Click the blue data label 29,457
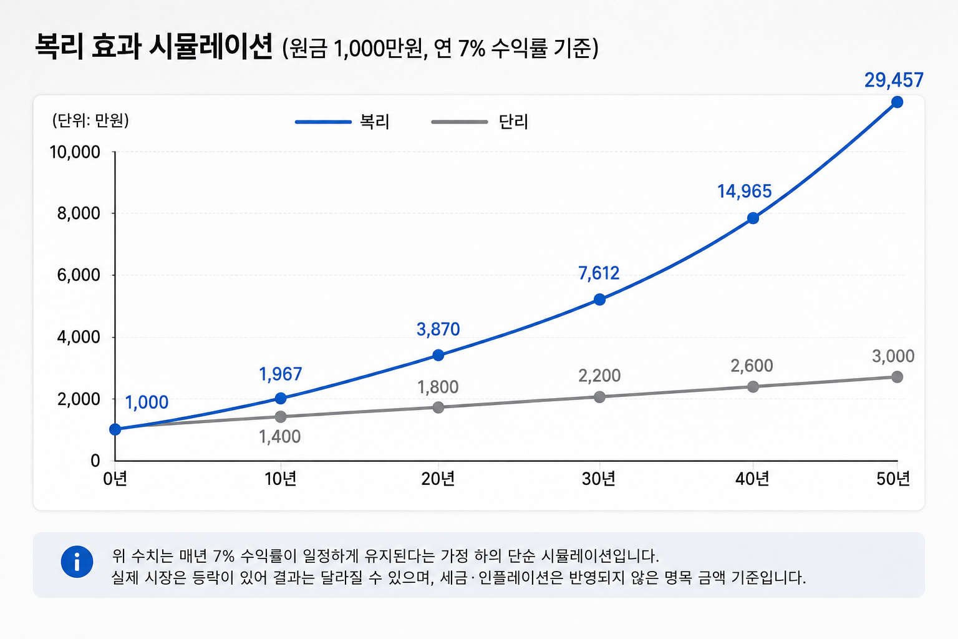(894, 80)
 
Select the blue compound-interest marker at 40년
(753, 218)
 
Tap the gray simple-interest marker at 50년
(898, 377)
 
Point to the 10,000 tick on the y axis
(75, 152)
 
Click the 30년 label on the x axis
(598, 479)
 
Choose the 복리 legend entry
(342, 122)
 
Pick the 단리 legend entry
(480, 122)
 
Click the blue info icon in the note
(77, 562)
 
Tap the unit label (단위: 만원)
(90, 120)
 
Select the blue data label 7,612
(599, 273)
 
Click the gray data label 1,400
(279, 437)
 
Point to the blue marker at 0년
(115, 429)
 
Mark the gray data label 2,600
(752, 366)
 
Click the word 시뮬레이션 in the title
(211, 46)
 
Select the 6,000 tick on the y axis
(79, 275)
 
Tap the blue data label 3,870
(438, 329)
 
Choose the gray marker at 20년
(438, 407)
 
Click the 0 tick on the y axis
(95, 461)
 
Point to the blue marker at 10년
(281, 399)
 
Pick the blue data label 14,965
(745, 192)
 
